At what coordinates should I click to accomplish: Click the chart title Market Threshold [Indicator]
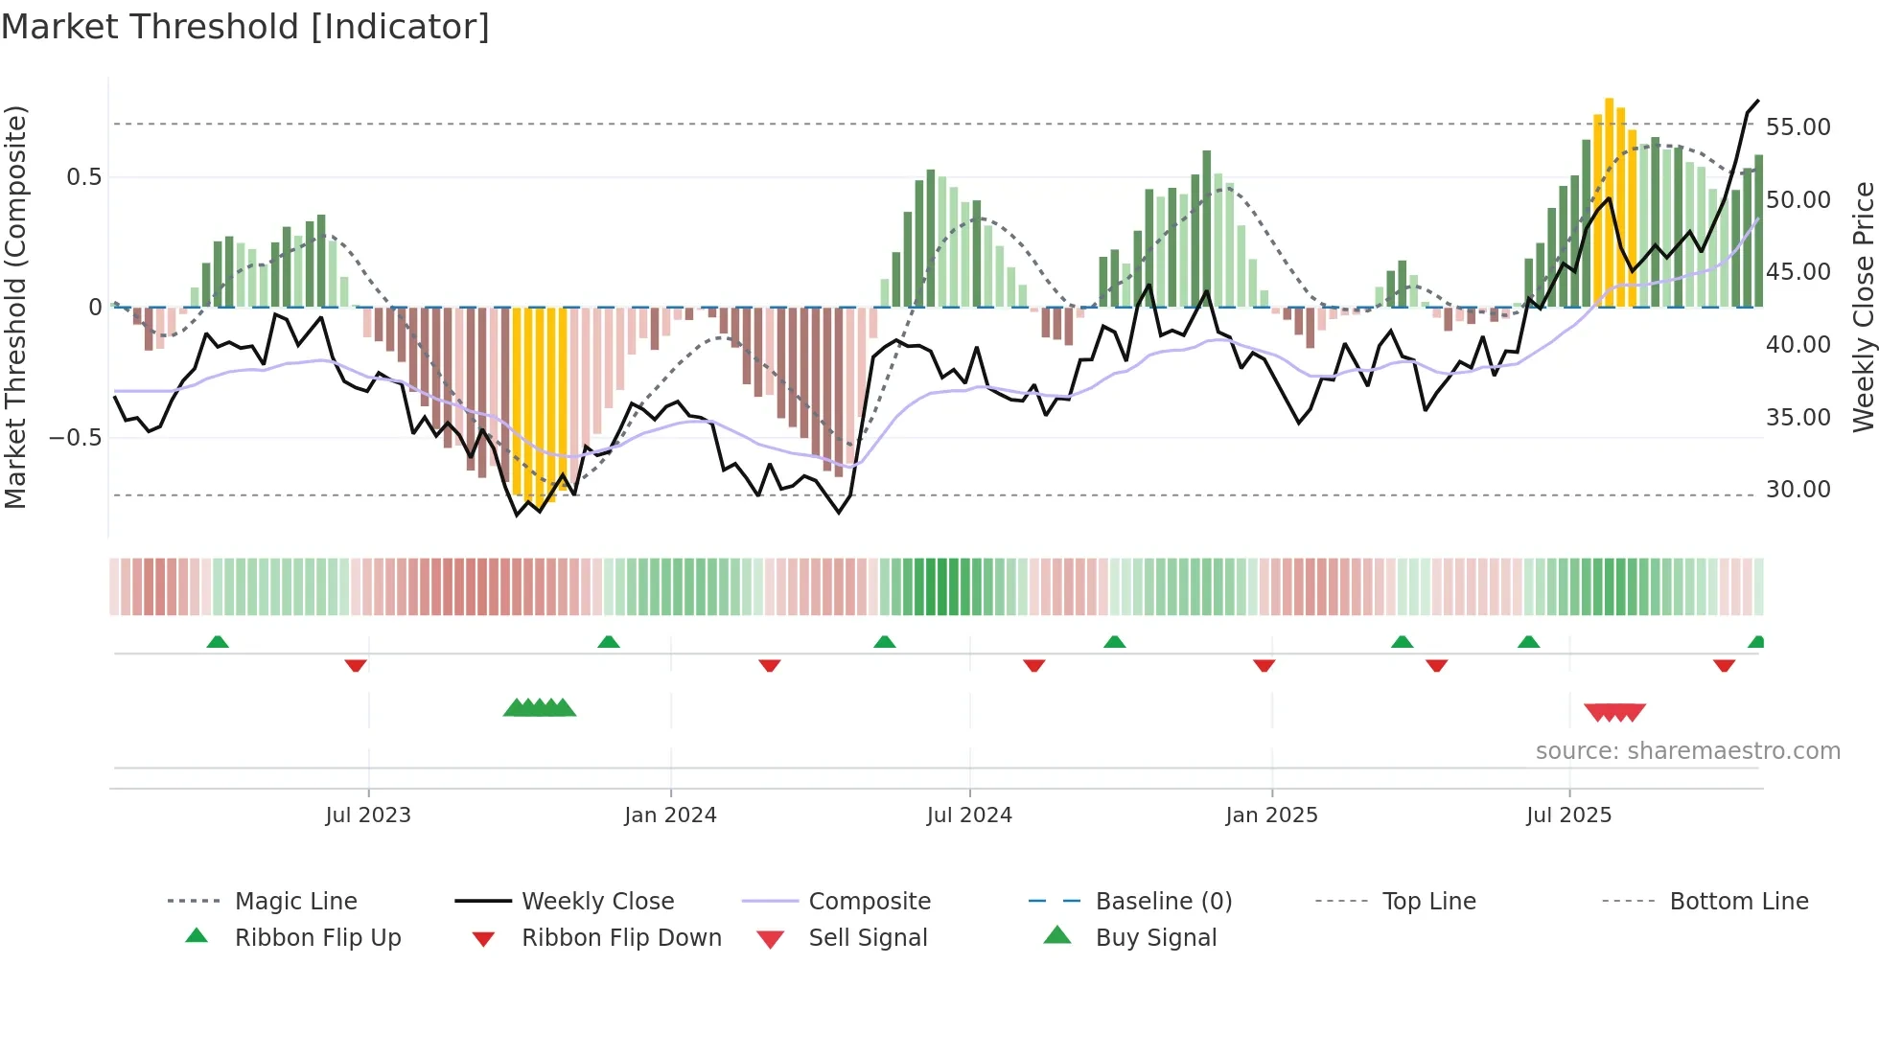pyautogui.click(x=245, y=27)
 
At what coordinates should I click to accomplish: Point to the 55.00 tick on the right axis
pyautogui.click(x=1798, y=127)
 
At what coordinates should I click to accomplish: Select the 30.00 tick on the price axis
pyautogui.click(x=1798, y=490)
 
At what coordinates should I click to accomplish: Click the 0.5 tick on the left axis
pyautogui.click(x=83, y=177)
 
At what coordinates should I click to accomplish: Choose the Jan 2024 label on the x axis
pyautogui.click(x=670, y=815)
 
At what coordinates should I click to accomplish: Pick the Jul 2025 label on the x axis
pyautogui.click(x=1568, y=815)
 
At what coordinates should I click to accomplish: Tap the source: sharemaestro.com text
pyautogui.click(x=1687, y=751)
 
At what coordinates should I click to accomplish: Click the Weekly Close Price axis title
pyautogui.click(x=1863, y=307)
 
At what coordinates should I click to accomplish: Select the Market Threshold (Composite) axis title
pyautogui.click(x=15, y=307)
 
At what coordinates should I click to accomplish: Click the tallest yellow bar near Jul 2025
pyautogui.click(x=1610, y=201)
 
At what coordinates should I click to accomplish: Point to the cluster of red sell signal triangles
pyautogui.click(x=1614, y=712)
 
